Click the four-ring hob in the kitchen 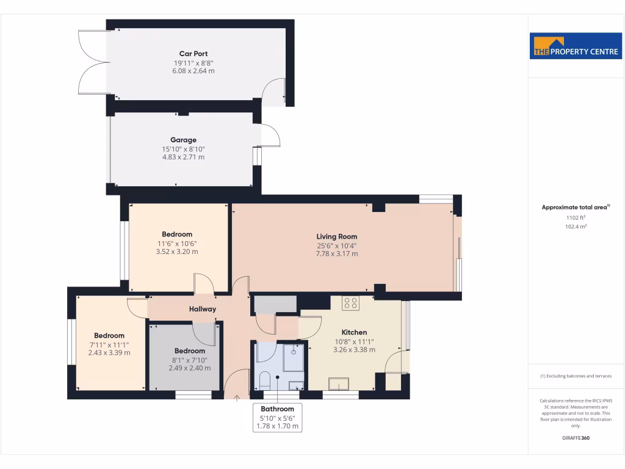[x=350, y=302]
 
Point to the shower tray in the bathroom [x=294, y=357]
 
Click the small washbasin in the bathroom [x=296, y=385]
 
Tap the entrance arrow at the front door [x=237, y=398]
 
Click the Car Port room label [x=193, y=54]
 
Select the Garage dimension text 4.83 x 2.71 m [x=183, y=157]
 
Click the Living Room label [x=336, y=236]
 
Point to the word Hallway [x=202, y=309]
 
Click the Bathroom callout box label [x=278, y=409]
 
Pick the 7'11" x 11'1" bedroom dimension [x=109, y=344]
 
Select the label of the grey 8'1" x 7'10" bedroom [x=189, y=351]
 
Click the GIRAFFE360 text [x=576, y=438]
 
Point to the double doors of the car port [x=93, y=61]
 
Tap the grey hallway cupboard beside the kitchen [x=275, y=304]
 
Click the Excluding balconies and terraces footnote [x=576, y=376]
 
